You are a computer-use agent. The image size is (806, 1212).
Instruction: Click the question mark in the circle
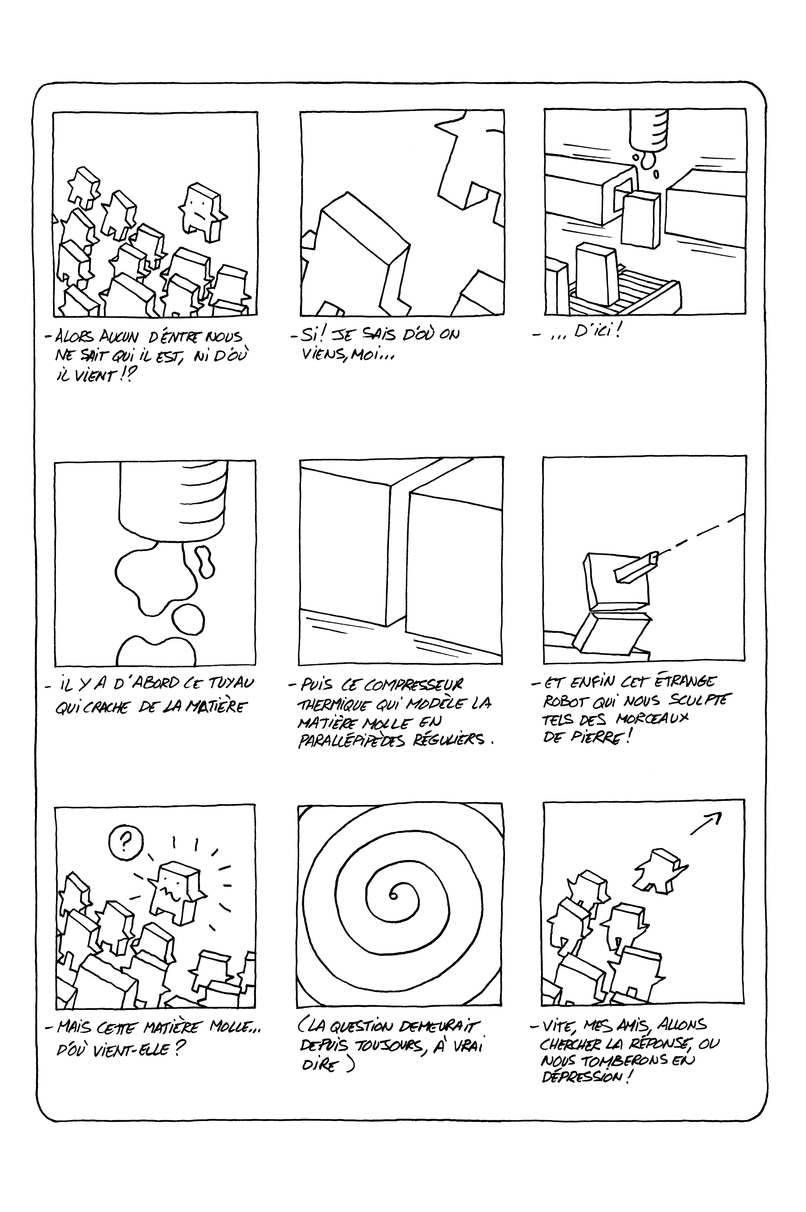tap(124, 841)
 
